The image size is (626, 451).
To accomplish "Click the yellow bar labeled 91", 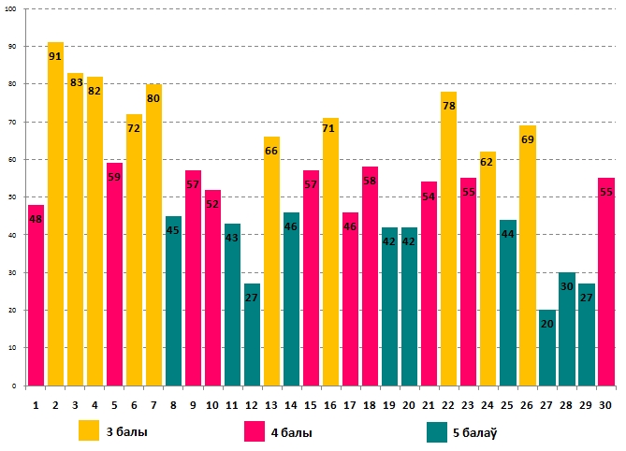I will tap(55, 215).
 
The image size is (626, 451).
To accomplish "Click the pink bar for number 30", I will tap(605, 282).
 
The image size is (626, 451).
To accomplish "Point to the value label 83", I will tap(75, 82).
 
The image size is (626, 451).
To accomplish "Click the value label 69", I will tap(527, 138).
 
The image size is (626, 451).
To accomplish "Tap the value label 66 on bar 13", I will tap(271, 151).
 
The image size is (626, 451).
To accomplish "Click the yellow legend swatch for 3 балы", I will tap(89, 430).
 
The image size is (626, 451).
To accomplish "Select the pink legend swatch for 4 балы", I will tap(255, 430).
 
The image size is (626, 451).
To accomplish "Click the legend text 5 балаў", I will tap(473, 432).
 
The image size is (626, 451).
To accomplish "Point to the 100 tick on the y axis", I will tap(11, 8).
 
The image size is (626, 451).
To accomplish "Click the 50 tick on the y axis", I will tap(12, 197).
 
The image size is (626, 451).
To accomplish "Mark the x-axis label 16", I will tap(330, 404).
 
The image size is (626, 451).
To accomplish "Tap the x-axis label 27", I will tap(546, 404).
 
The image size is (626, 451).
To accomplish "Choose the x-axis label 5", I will tap(114, 404).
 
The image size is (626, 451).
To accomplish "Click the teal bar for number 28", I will tap(566, 328).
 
